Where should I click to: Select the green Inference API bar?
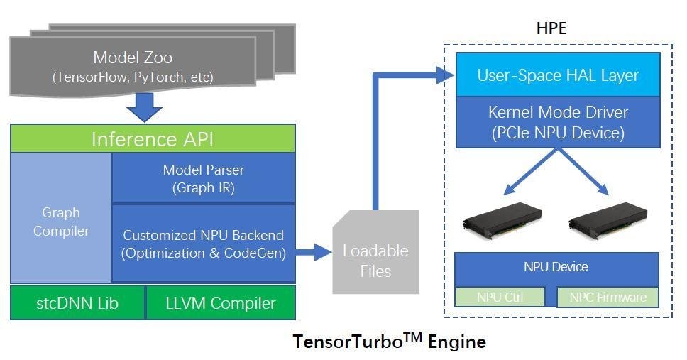[153, 139]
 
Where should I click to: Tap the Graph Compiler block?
[61, 221]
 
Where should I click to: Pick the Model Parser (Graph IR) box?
[204, 178]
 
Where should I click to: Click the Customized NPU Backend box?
[204, 243]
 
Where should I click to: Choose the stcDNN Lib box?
[78, 303]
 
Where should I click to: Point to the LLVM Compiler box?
[220, 303]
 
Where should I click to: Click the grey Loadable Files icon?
[375, 259]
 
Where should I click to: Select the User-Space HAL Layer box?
[558, 75]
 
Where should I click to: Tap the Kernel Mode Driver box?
[558, 121]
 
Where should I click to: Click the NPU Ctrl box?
[500, 297]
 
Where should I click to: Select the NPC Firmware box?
[608, 297]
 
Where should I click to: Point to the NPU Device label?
[556, 268]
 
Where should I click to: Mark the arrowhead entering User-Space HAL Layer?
[446, 73]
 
